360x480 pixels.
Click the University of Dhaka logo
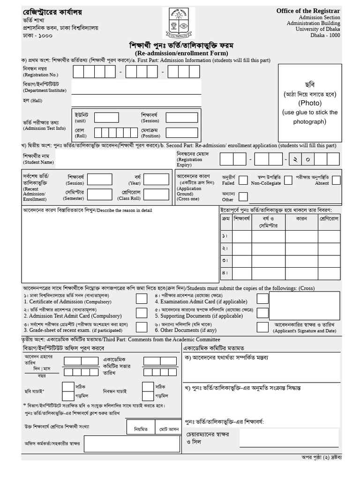(x=180, y=23)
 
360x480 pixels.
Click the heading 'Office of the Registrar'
(x=308, y=10)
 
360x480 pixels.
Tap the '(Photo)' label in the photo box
(x=310, y=103)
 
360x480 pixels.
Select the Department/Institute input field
(x=136, y=87)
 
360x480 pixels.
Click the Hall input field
(x=136, y=100)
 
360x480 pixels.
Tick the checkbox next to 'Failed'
(x=243, y=180)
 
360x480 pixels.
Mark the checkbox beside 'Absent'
(x=336, y=180)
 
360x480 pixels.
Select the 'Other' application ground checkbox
(x=243, y=196)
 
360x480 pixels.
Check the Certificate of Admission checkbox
(x=141, y=299)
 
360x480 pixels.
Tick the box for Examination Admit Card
(x=262, y=299)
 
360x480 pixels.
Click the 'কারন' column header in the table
(x=301, y=219)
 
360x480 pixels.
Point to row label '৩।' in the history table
(x=225, y=260)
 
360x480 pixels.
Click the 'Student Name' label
(x=38, y=162)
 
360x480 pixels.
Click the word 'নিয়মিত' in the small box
(x=141, y=428)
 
